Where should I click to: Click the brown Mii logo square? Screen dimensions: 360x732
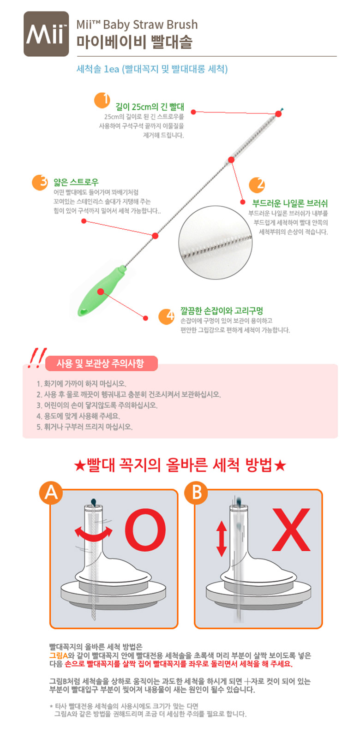coord(46,34)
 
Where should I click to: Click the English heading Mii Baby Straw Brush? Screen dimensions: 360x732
coord(137,24)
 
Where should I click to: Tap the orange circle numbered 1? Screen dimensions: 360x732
coord(102,100)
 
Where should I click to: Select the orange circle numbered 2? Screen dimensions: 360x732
coord(257,185)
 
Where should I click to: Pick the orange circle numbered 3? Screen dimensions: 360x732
coord(40,182)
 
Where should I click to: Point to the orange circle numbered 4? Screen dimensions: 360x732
coord(167,316)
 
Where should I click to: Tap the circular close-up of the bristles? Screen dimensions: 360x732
coord(215,243)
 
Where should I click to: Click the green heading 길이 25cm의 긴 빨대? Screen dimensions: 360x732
coord(150,107)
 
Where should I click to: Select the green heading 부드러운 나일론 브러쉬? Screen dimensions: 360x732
coord(290,203)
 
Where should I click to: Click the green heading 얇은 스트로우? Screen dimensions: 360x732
coord(76,182)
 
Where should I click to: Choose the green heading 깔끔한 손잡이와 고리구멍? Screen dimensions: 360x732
coord(222,311)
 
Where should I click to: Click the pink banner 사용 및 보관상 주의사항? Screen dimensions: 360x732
coord(102,363)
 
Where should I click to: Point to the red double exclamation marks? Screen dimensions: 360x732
coord(36,358)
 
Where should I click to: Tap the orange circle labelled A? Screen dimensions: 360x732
coord(51,493)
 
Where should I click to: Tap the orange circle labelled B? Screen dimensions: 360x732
coord(196,493)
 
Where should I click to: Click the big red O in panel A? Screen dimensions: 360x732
coord(145,530)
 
